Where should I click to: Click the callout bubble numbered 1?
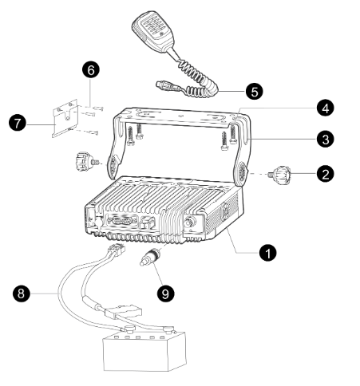click(x=268, y=253)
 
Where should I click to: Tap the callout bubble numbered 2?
click(x=325, y=174)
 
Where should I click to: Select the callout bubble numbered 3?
click(x=325, y=140)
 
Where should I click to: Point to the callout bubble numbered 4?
click(x=325, y=108)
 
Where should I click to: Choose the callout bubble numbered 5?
click(x=255, y=91)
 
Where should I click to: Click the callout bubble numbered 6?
click(x=91, y=70)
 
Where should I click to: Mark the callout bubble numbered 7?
click(x=18, y=124)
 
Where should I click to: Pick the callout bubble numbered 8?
click(x=22, y=293)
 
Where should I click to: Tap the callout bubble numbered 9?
click(x=165, y=293)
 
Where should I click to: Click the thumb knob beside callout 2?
click(x=280, y=175)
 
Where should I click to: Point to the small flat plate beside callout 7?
click(x=65, y=119)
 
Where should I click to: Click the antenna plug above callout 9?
click(x=149, y=257)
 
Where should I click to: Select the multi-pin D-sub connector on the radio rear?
click(x=122, y=221)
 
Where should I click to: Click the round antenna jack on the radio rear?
click(x=190, y=221)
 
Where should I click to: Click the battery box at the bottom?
click(x=144, y=351)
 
